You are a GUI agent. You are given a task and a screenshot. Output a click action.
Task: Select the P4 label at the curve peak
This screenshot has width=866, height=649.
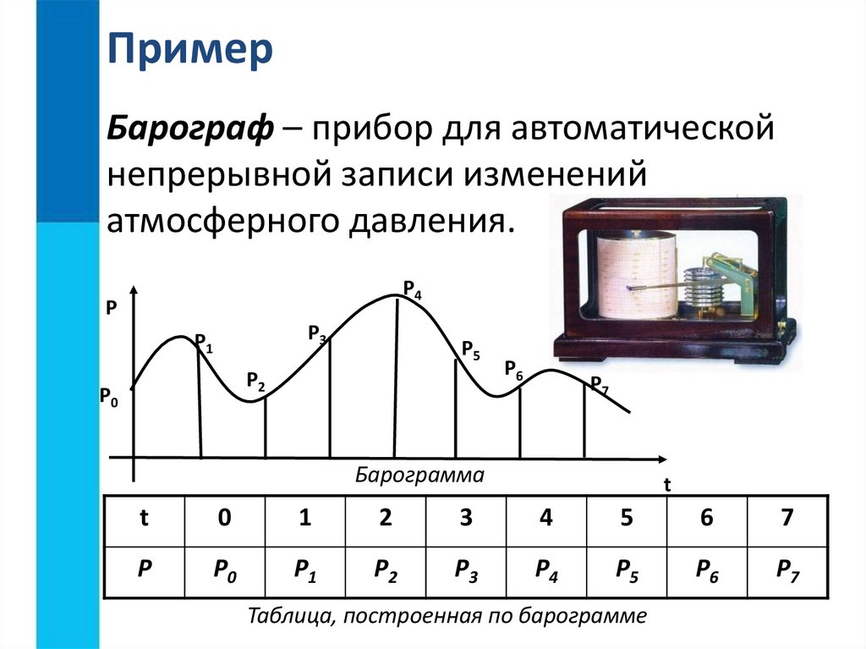point(413,289)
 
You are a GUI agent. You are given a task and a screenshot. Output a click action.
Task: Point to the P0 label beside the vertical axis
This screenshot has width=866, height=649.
point(109,395)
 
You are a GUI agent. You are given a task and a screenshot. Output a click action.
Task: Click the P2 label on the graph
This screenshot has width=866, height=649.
point(255,381)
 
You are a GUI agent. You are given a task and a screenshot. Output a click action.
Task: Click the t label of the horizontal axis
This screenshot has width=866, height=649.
point(666,486)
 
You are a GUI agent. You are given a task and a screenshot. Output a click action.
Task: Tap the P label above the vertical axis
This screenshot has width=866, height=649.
point(110,309)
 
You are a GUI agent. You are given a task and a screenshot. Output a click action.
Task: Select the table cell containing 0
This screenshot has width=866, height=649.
point(223,519)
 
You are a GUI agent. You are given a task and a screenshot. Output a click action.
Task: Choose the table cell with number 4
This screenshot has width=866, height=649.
point(545,519)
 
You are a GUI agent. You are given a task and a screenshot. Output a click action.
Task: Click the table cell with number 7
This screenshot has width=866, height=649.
point(787,519)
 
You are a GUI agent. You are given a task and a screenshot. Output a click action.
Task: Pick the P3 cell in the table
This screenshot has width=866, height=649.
point(466,571)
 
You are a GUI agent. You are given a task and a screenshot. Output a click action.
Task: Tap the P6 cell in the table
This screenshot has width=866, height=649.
point(707,571)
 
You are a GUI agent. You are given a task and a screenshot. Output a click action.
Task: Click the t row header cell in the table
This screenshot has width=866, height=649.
point(143,519)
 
